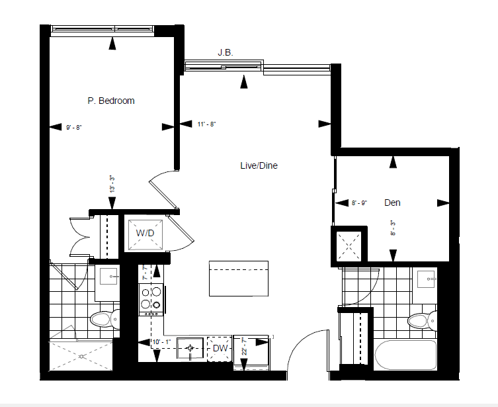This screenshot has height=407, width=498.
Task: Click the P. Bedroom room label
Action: [x=111, y=101]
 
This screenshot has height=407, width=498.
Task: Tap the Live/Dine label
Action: [x=259, y=165]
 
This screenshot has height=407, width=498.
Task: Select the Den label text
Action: [x=392, y=203]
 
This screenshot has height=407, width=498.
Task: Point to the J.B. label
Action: [x=225, y=52]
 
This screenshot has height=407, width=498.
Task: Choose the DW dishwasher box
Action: [x=219, y=349]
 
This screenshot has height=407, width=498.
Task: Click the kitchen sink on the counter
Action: [x=190, y=349]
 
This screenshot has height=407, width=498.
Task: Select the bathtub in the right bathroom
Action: [x=405, y=355]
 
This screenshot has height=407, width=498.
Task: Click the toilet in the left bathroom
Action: [x=104, y=319]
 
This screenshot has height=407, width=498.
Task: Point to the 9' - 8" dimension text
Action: [x=74, y=128]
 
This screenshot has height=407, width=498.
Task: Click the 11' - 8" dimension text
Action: [x=206, y=124]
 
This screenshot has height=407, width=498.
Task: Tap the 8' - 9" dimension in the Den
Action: [x=360, y=203]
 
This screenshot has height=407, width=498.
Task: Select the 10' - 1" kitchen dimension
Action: [x=161, y=342]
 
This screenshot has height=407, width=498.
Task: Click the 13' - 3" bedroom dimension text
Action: [x=112, y=184]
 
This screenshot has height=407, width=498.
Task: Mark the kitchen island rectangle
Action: [x=239, y=279]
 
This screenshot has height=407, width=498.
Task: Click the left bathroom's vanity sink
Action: [x=108, y=276]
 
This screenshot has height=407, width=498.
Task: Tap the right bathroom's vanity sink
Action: [x=426, y=279]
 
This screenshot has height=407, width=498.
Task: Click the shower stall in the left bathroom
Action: [x=81, y=355]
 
